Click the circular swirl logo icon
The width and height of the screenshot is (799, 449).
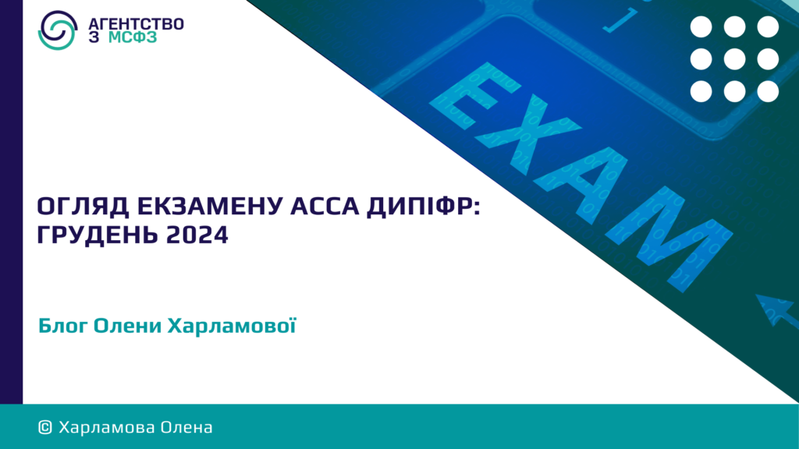pos(58,30)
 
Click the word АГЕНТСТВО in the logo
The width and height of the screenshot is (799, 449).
pos(136,23)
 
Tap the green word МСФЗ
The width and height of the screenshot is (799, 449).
pos(133,37)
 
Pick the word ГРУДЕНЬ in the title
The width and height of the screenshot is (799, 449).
pos(97,235)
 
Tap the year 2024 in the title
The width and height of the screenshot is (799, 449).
pos(197,235)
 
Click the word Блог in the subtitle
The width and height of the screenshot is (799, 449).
pos(64,326)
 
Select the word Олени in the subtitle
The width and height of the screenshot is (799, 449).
pos(127,326)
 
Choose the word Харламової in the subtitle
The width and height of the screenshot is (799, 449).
pos(232,326)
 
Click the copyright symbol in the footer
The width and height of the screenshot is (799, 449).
pos(44,427)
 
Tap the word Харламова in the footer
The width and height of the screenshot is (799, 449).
pos(106,427)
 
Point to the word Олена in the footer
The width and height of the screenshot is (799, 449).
pos(186,427)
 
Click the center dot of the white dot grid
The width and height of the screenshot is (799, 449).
pos(734,59)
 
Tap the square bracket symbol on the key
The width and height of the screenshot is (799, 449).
pos(620,21)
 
